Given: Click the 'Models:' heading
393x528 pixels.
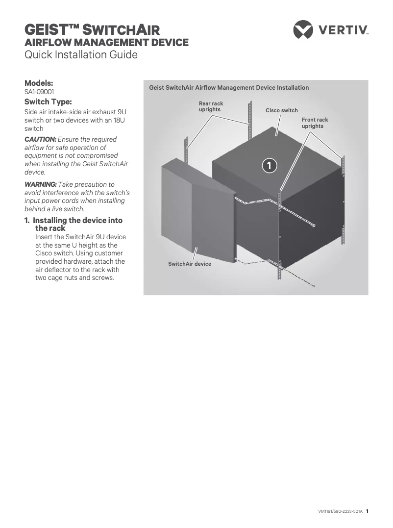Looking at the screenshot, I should tap(39, 83).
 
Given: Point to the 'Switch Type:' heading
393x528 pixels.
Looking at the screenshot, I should tap(48, 102).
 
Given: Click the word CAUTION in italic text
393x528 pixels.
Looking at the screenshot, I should tap(40, 139).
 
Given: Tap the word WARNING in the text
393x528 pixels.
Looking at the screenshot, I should tap(41, 184).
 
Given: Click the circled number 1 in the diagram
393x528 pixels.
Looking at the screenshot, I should tap(269, 165).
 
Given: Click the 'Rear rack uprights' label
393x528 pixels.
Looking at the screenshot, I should tap(211, 106).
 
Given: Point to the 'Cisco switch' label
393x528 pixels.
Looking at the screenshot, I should tap(282, 110).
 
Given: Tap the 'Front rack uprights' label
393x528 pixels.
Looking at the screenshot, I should tap(315, 123).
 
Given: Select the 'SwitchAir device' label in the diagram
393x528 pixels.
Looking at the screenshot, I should tap(190, 264).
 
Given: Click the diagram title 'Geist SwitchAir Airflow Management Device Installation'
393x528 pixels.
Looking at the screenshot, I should tap(229, 88).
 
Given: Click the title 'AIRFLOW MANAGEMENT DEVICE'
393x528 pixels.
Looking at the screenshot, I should tap(106, 43).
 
